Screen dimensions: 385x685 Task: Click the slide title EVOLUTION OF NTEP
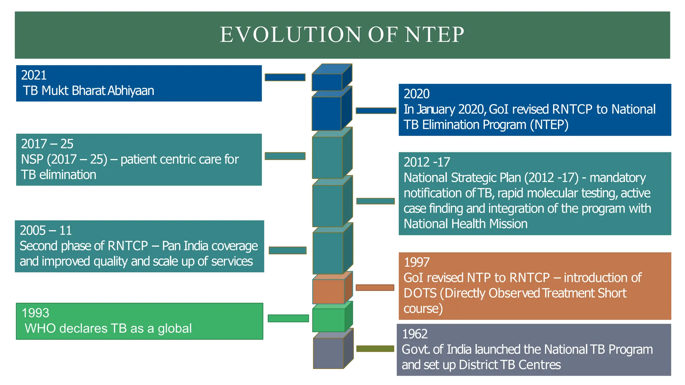point(342,35)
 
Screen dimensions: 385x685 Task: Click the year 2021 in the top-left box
point(34,75)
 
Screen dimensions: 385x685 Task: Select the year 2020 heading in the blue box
point(416,94)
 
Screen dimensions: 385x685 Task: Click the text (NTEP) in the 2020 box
point(549,125)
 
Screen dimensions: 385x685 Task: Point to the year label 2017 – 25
point(47,144)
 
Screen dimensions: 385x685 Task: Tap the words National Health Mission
point(465,224)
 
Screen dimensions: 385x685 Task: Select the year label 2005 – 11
point(46,231)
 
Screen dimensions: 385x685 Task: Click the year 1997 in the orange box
point(416,262)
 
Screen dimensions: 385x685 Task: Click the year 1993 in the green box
point(35,313)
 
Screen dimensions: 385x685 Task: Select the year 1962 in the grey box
point(415,334)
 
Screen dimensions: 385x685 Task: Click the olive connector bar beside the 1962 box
point(375,349)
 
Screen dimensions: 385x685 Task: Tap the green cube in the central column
point(328,320)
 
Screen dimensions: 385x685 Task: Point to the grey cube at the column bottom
point(328,353)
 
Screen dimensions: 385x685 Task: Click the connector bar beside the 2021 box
point(285,78)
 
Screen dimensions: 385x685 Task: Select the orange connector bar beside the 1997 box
point(375,288)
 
